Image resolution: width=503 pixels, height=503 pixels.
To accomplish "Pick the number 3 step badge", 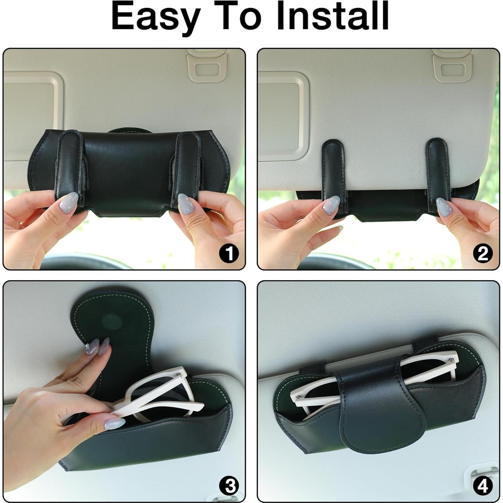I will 229,486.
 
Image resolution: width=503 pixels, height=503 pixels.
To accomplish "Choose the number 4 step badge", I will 483,486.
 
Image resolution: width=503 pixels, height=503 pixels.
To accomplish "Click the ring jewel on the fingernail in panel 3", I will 89,349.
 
